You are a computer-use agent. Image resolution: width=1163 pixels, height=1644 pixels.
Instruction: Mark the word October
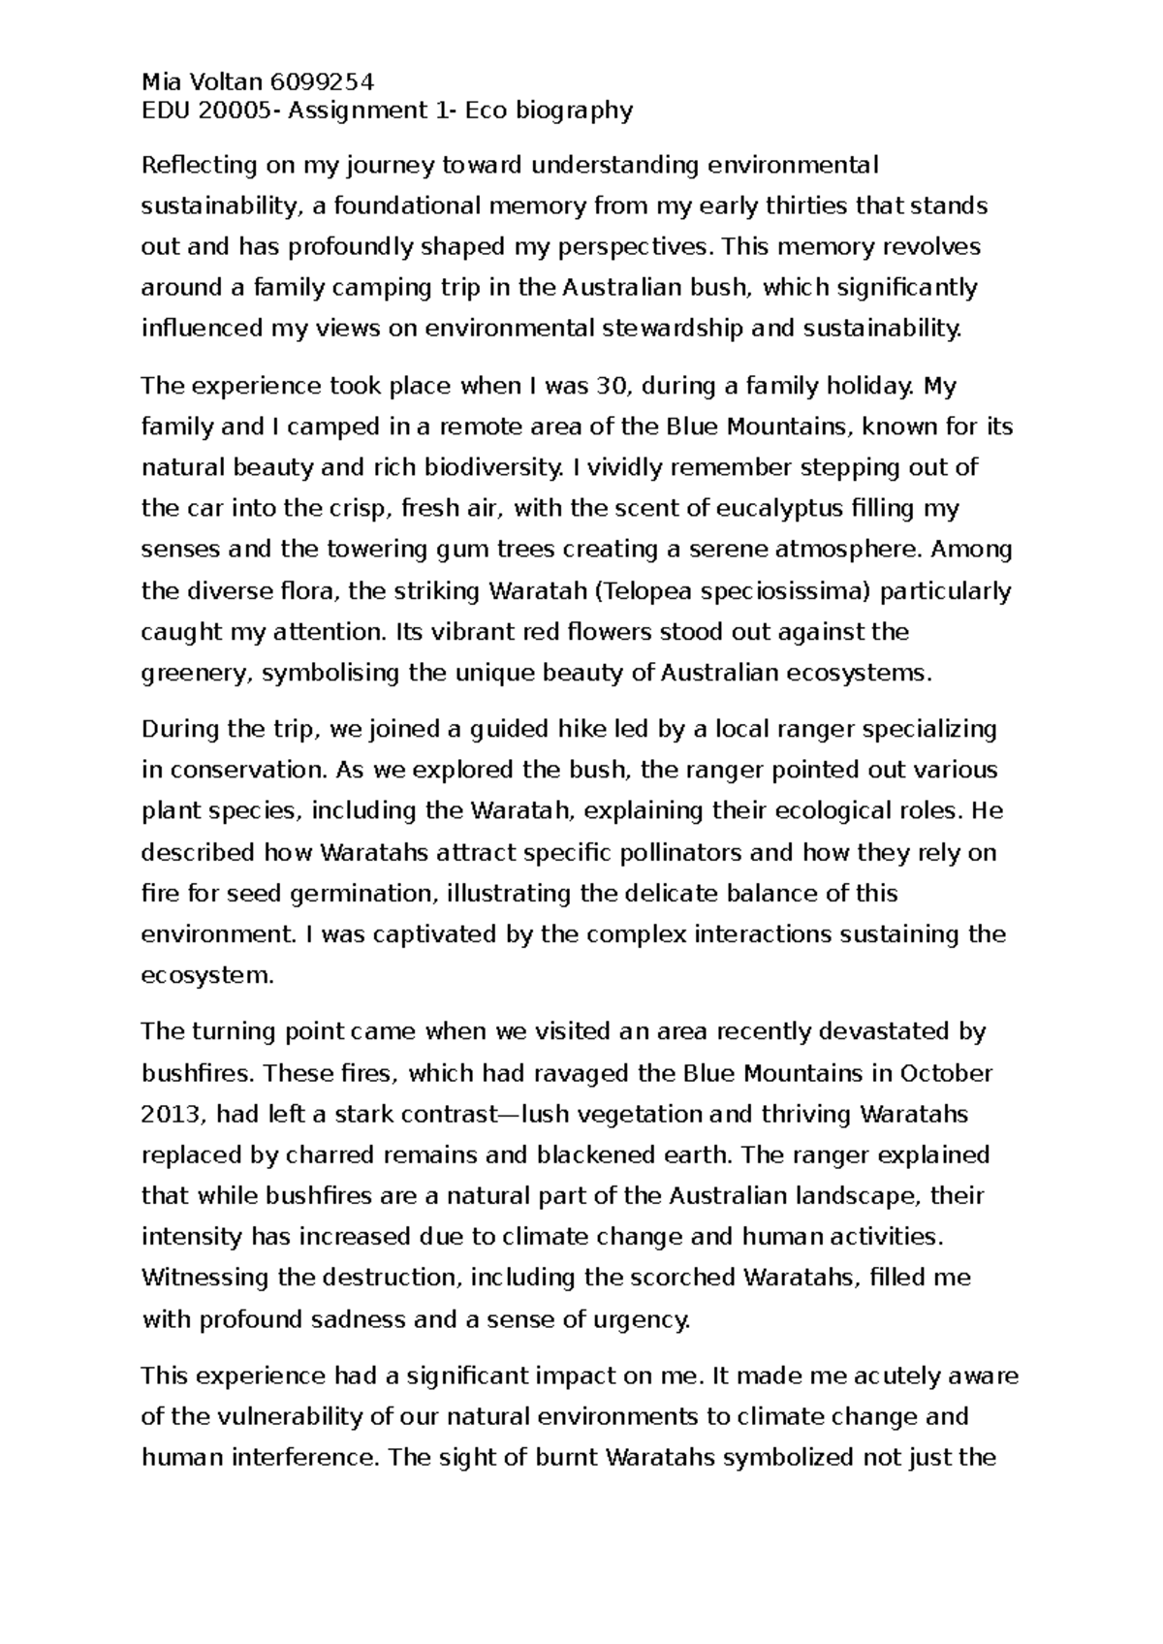[946, 1073]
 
